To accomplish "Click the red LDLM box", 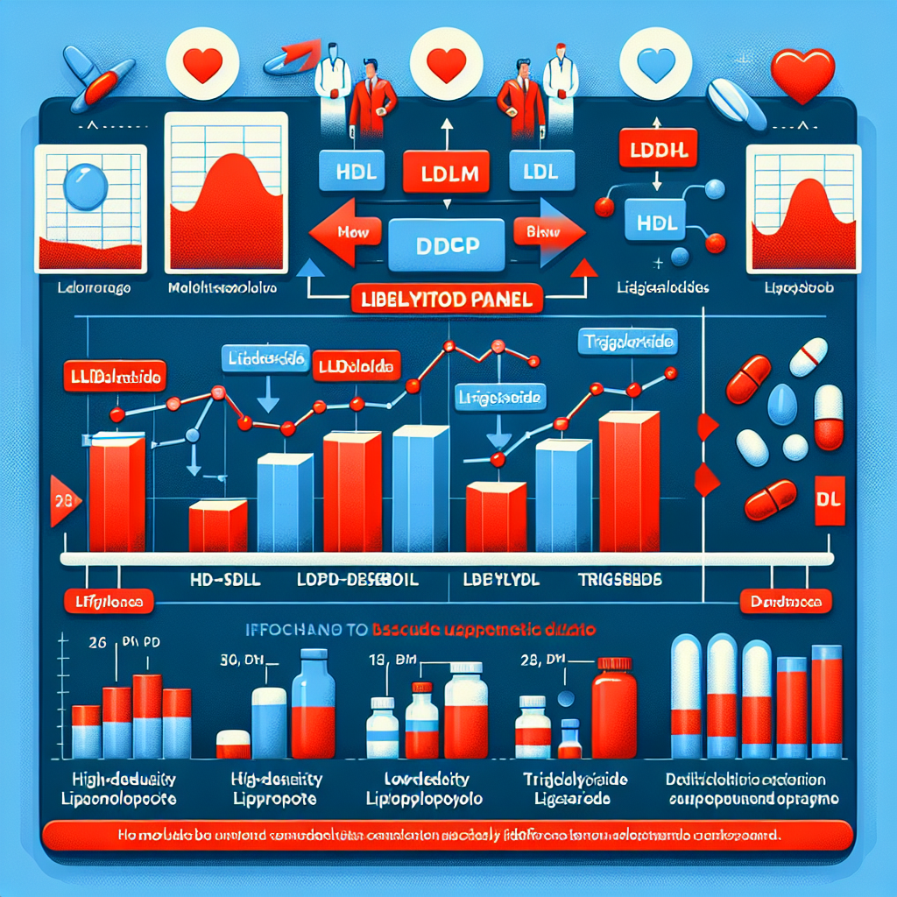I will [x=444, y=173].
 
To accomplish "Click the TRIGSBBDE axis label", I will [x=621, y=580].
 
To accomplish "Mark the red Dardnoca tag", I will [x=785, y=602].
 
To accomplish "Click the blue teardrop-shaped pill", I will [x=781, y=403].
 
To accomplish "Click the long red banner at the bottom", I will [x=447, y=835].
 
